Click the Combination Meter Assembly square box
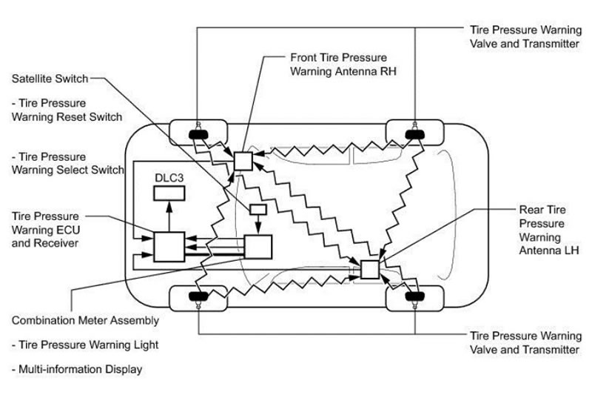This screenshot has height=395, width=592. coord(258,246)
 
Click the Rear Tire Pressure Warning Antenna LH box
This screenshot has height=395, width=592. coord(369,270)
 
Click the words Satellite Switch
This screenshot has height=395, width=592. coord(50,77)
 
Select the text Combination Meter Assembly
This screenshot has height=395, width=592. coord(85,321)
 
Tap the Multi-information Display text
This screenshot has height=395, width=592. coord(81,368)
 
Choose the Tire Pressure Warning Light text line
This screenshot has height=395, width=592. coord(85,345)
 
